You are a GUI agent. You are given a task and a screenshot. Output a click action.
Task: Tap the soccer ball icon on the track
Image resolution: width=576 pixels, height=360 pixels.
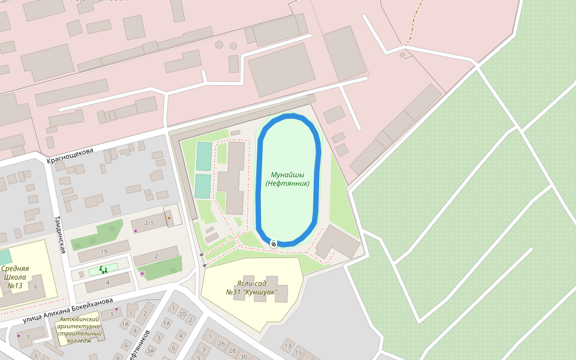tap(274, 243)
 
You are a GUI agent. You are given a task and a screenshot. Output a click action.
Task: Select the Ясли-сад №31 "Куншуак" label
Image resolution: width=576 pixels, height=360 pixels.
tap(251, 287)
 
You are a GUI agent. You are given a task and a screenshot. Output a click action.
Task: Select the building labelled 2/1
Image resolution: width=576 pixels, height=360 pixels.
tap(149, 223)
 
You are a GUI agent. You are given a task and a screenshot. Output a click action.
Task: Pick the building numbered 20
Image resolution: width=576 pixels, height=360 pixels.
tap(182, 314)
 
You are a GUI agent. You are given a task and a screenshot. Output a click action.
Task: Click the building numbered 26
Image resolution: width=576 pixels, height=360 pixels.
tap(222, 344)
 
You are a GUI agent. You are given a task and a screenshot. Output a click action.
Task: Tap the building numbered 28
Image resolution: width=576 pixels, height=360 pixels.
tap(232, 351)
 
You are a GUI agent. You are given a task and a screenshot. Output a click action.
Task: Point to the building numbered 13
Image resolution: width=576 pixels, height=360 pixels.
tap(287, 346)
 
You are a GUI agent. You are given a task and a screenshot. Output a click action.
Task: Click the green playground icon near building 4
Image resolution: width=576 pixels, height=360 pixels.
tap(103, 271)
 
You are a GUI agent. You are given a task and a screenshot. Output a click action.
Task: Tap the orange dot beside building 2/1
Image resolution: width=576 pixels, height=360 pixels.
tap(169, 218)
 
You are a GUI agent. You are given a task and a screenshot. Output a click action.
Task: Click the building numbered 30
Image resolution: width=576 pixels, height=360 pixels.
tap(243, 357)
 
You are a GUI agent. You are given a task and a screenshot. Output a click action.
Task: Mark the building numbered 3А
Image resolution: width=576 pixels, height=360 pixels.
tap(151, 351)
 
